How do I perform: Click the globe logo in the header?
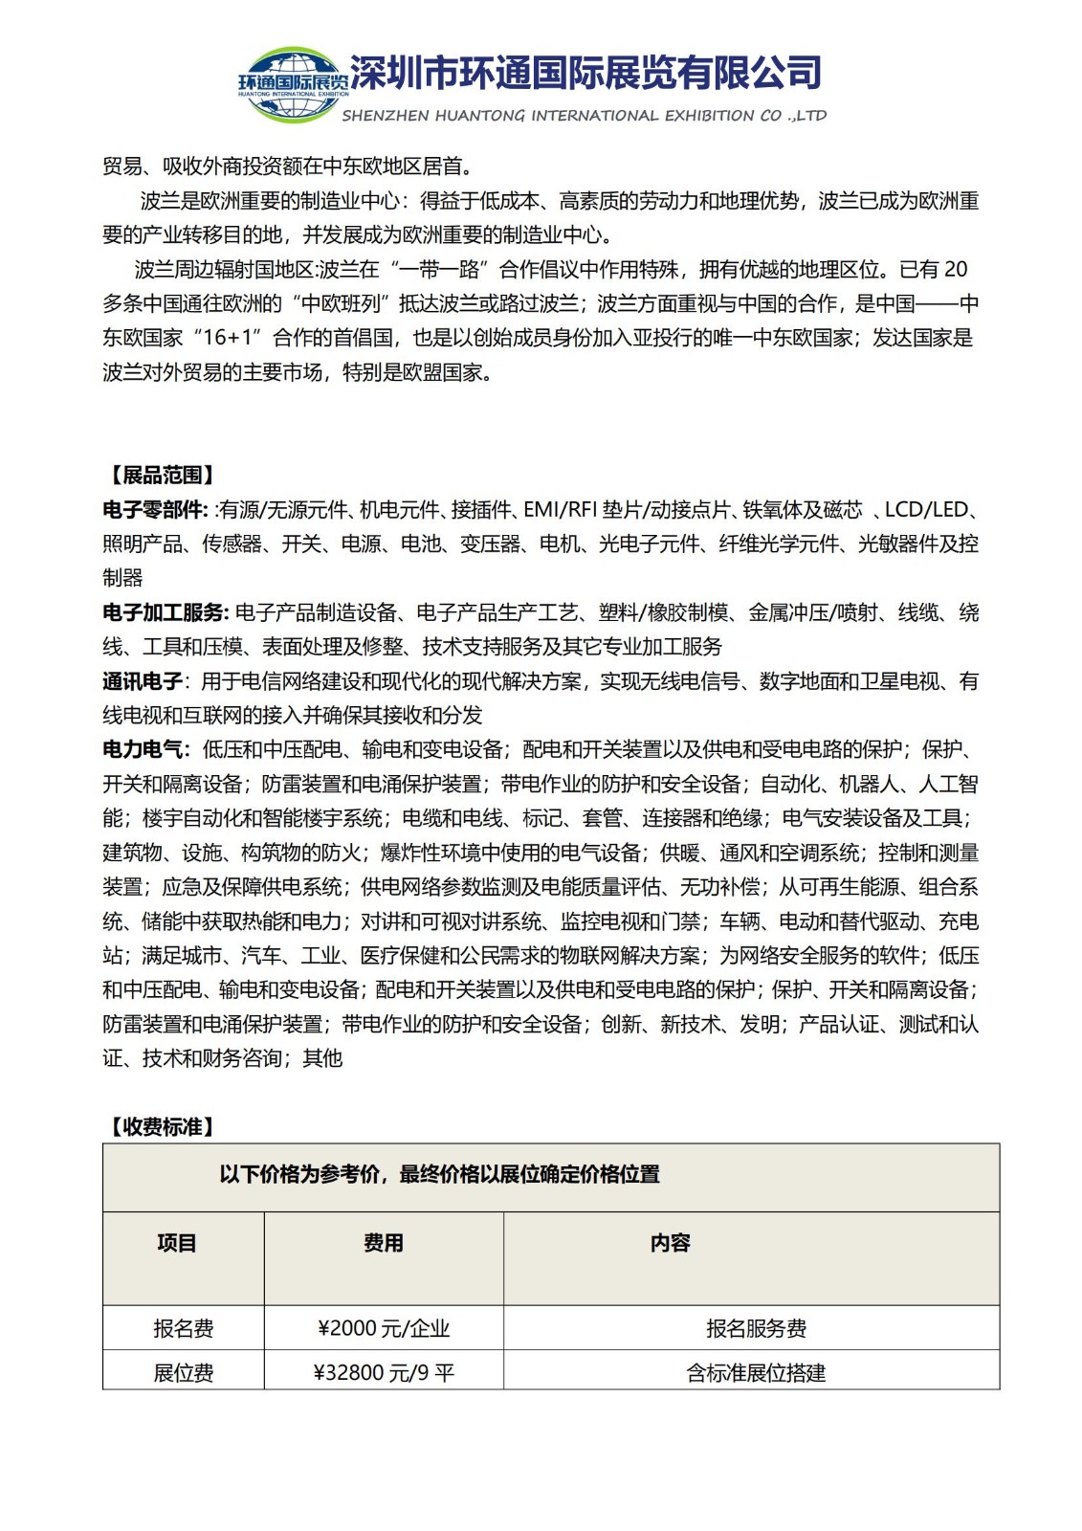[x=293, y=84]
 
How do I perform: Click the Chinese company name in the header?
[x=585, y=73]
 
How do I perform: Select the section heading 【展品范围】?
[x=161, y=476]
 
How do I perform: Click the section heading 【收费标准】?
[x=161, y=1127]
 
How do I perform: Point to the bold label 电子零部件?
[x=153, y=510]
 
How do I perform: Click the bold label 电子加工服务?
[x=164, y=612]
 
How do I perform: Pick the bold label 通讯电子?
[x=143, y=681]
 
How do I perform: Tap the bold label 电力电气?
[x=144, y=749]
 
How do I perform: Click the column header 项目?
[x=177, y=1243]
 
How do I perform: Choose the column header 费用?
[x=383, y=1243]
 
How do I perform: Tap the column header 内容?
[x=670, y=1243]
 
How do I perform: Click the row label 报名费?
[x=183, y=1328]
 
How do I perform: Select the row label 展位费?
[x=183, y=1373]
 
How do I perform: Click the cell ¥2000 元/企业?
[x=384, y=1328]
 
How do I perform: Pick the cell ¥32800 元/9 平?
[x=384, y=1373]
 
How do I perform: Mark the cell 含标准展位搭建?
[x=756, y=1373]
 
